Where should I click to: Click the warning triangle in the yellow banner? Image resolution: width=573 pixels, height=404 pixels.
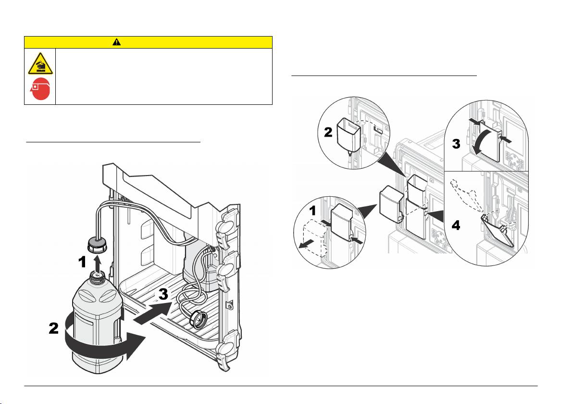point(117,42)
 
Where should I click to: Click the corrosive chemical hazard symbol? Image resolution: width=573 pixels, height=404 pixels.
point(40,63)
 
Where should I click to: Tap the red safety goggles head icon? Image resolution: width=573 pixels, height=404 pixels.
point(40,89)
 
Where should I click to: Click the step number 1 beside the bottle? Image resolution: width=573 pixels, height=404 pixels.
point(83,262)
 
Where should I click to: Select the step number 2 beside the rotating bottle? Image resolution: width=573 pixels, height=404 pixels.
point(54,328)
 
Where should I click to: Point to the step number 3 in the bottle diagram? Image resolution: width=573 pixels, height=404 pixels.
point(163,293)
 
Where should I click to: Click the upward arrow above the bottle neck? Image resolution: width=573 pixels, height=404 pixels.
point(97,263)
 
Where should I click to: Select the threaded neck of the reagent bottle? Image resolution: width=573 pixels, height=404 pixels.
point(97,278)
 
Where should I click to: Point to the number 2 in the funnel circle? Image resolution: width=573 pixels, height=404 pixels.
point(328,132)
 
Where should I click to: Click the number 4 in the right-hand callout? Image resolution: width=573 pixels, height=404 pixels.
point(456,225)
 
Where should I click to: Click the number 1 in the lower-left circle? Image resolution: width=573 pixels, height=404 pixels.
point(312,211)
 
